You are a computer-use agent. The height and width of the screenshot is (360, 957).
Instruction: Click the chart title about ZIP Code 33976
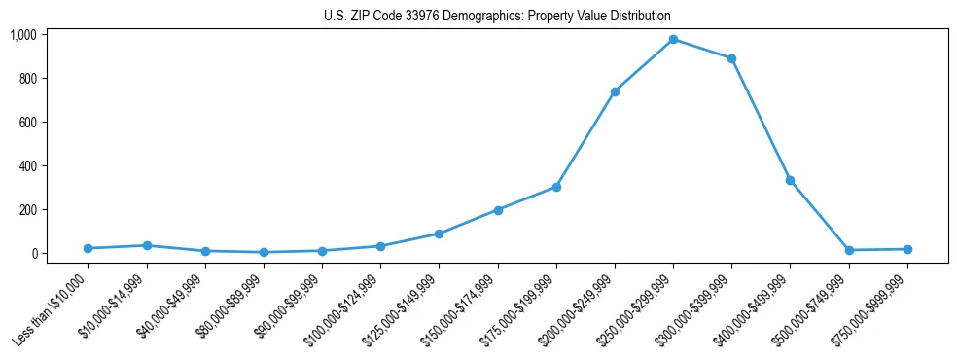497,17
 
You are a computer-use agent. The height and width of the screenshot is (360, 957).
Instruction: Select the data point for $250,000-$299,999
673,39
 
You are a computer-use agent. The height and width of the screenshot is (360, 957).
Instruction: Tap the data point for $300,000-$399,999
731,58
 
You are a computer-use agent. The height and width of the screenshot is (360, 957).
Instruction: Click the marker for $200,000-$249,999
615,91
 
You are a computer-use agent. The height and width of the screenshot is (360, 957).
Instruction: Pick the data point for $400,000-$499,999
790,180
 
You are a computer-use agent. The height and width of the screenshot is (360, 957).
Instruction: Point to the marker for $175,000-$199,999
556,187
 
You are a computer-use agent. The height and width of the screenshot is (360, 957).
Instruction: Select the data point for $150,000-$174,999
498,210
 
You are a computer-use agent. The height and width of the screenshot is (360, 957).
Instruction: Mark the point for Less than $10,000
88,248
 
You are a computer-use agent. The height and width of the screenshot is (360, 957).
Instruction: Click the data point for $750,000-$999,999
907,249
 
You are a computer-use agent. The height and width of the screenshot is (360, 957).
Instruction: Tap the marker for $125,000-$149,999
440,234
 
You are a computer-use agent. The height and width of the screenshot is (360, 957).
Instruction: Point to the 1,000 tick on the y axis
23,35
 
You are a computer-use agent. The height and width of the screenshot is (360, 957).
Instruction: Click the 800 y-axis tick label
28,79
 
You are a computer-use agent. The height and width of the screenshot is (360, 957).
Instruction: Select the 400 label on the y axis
28,166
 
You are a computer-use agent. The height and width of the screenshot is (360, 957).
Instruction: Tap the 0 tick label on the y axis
34,254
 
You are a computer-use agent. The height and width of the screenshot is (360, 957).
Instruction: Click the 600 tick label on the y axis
28,123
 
